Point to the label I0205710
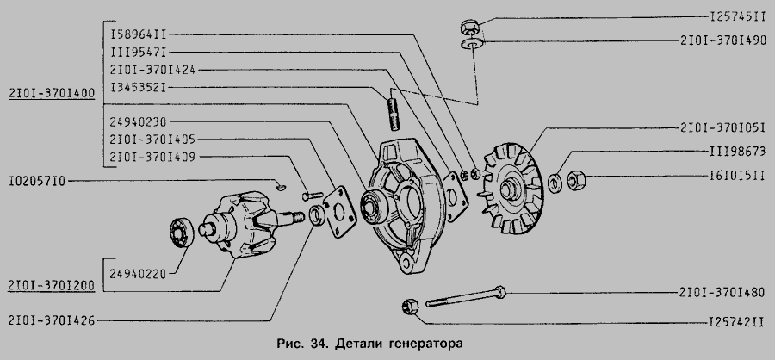pos(37,182)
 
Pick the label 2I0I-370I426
pos(51,319)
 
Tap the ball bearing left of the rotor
pos(180,232)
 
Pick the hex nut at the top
pos(470,23)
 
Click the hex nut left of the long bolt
pos(412,304)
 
